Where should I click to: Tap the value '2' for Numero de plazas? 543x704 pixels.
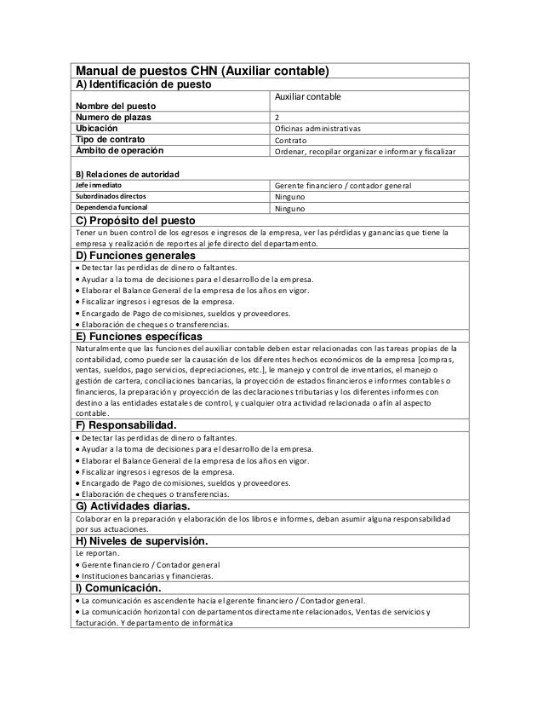pyautogui.click(x=276, y=118)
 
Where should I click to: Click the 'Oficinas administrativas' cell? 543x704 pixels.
pyautogui.click(x=317, y=130)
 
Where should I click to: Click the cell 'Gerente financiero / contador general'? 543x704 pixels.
pyautogui.click(x=343, y=185)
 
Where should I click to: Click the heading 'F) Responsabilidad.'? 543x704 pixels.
pyautogui.click(x=127, y=424)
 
